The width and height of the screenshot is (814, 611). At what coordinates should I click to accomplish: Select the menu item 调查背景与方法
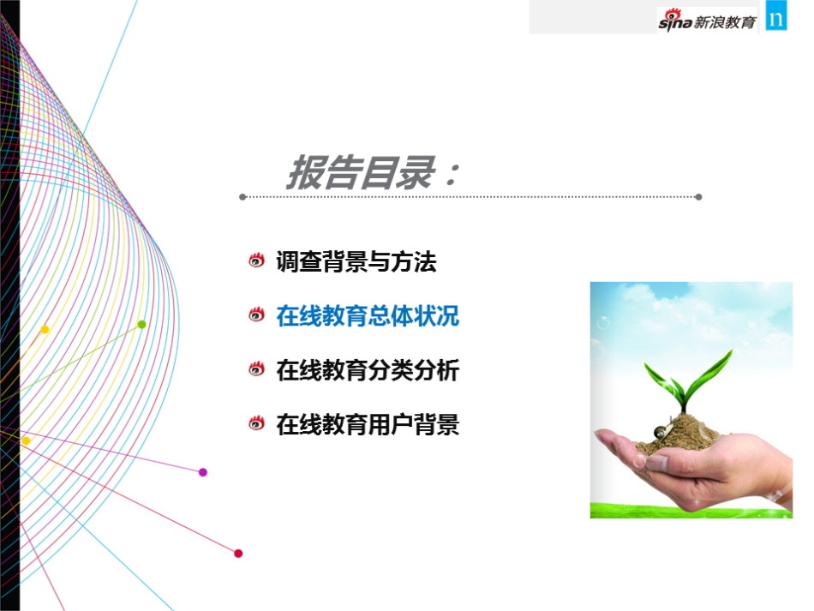(356, 261)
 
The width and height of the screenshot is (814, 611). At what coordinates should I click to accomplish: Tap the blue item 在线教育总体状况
(368, 315)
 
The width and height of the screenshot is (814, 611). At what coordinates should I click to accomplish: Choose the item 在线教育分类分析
(368, 370)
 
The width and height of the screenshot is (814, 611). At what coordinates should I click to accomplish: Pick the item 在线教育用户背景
(368, 425)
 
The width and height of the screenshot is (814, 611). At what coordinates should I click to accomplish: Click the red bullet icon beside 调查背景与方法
(256, 260)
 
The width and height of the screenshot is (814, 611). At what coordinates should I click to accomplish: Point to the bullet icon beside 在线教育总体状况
(256, 314)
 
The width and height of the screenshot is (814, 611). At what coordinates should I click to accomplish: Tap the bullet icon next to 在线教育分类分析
(256, 368)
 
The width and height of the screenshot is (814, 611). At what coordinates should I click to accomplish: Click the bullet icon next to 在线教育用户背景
(256, 423)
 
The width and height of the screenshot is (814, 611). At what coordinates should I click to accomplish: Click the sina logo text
(675, 21)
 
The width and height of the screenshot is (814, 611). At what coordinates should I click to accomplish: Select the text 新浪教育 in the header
(725, 22)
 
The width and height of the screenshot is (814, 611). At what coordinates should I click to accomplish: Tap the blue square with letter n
(776, 16)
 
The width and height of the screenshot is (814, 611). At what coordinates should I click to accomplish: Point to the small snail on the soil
(661, 431)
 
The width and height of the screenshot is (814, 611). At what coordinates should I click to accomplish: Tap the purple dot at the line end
(203, 472)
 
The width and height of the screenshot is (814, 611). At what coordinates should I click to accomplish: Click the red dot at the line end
(238, 554)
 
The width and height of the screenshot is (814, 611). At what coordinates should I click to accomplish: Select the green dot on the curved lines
(141, 325)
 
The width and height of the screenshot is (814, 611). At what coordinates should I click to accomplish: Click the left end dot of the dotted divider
(242, 197)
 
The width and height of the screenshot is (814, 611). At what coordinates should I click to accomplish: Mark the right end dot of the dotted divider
(698, 197)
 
